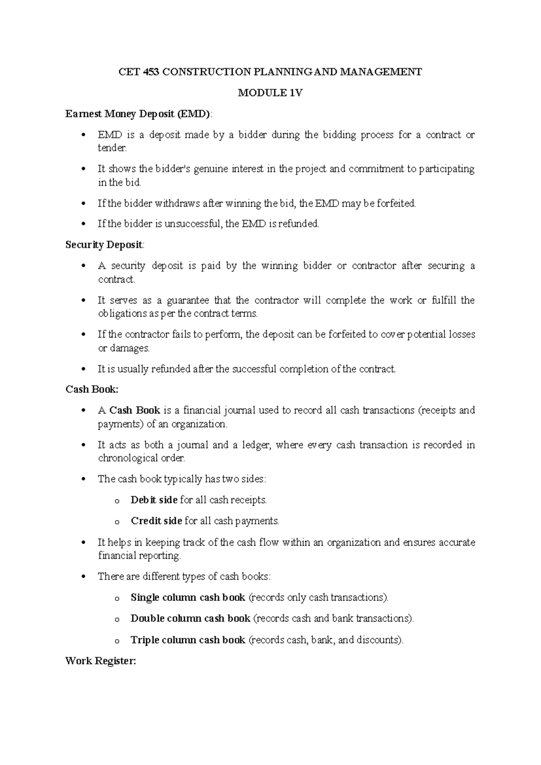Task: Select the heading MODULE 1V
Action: pyautogui.click(x=270, y=93)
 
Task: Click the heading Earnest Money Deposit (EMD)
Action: pyautogui.click(x=138, y=114)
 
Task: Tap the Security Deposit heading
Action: pyautogui.click(x=104, y=245)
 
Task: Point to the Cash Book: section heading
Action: pyautogui.click(x=92, y=389)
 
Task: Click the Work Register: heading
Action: pyautogui.click(x=100, y=661)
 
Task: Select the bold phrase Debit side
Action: pyautogui.click(x=154, y=500)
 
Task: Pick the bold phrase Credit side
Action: pyautogui.click(x=156, y=521)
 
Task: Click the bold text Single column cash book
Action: pyautogui.click(x=188, y=598)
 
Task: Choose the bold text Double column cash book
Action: pyautogui.click(x=190, y=618)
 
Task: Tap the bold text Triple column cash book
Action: pyautogui.click(x=188, y=640)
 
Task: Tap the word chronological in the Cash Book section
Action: pyautogui.click(x=124, y=458)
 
